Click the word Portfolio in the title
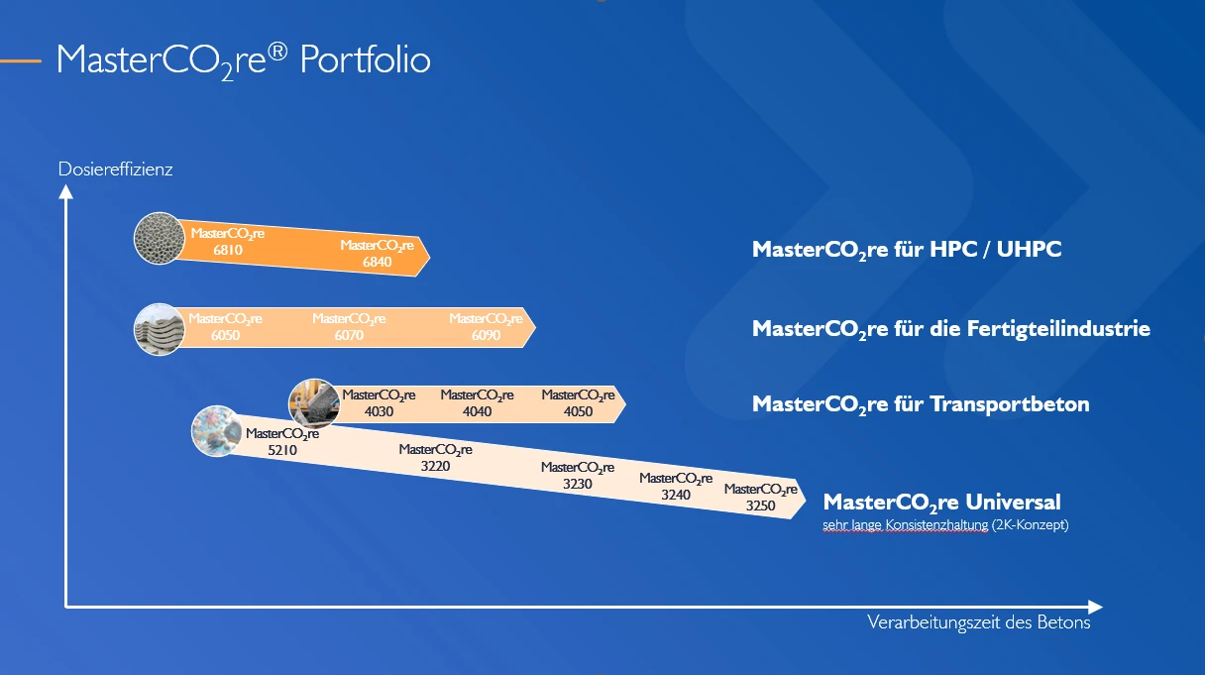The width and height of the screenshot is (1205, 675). tap(366, 59)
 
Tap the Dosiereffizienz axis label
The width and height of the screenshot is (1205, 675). tap(115, 169)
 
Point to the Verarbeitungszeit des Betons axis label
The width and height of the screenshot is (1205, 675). tap(978, 622)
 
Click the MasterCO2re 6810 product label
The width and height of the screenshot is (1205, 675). tap(228, 242)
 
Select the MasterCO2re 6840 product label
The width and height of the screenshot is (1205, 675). tap(378, 254)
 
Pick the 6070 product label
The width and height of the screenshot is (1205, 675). tap(349, 327)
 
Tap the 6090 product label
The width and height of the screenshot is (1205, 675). tap(486, 327)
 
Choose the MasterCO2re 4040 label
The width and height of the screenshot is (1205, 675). tap(478, 403)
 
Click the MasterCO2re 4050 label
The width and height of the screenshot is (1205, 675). tap(579, 403)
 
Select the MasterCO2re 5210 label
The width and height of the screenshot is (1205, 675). tap(282, 442)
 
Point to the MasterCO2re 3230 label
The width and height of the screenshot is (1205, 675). tap(578, 476)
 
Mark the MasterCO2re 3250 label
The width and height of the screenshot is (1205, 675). tap(761, 498)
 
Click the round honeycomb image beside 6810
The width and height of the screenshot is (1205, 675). tap(160, 238)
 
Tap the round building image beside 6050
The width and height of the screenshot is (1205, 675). tap(160, 329)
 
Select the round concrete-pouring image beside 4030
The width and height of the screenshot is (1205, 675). tap(314, 403)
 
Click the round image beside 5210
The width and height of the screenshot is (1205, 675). tap(217, 431)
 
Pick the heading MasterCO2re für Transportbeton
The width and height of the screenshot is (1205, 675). tap(921, 404)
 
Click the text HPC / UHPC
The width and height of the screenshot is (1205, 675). tap(996, 249)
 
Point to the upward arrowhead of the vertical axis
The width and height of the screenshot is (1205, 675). tap(65, 191)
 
